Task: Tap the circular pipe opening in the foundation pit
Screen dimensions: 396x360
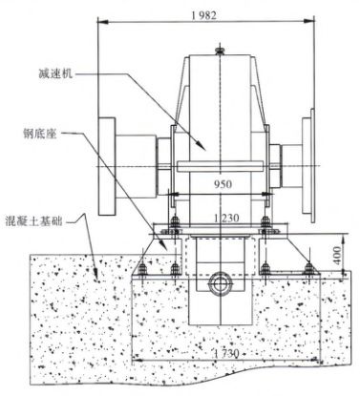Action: pyautogui.click(x=220, y=283)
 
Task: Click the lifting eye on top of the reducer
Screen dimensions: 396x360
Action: pyautogui.click(x=221, y=46)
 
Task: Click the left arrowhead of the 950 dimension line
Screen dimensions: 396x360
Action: pyautogui.click(x=173, y=191)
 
